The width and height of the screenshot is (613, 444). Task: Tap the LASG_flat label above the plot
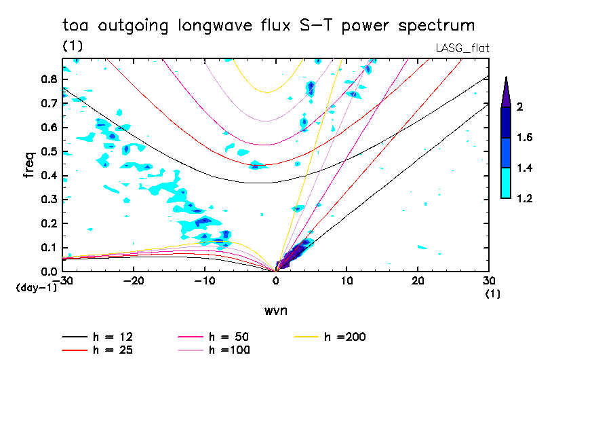(462, 47)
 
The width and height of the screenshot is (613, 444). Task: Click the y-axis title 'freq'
(28, 165)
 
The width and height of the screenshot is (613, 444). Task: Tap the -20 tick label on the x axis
(134, 281)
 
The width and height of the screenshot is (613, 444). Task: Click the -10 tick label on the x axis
(204, 281)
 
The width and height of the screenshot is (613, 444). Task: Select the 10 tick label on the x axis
(347, 281)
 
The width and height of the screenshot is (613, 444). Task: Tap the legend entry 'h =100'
(231, 350)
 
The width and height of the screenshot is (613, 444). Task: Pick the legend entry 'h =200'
(346, 337)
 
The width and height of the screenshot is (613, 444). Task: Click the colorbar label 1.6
(525, 138)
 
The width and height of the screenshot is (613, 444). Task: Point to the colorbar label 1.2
(525, 198)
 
